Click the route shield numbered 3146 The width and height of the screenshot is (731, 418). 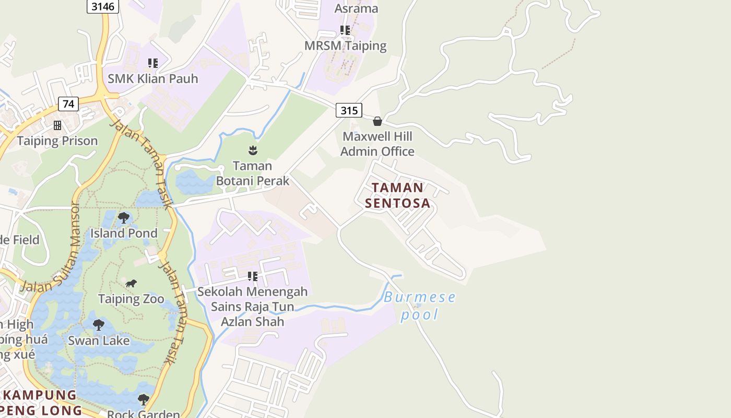pyautogui.click(x=103, y=6)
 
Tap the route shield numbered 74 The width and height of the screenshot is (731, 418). pyautogui.click(x=68, y=103)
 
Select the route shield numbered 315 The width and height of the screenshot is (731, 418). pyautogui.click(x=349, y=110)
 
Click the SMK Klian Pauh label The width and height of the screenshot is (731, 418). pyautogui.click(x=153, y=78)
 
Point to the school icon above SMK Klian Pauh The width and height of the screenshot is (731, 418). pyautogui.click(x=152, y=63)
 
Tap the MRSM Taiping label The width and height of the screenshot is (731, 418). pyautogui.click(x=346, y=45)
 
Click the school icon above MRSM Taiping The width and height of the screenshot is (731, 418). pyautogui.click(x=345, y=30)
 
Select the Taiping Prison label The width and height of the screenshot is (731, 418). pyautogui.click(x=57, y=141)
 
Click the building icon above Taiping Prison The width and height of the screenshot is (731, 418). pyautogui.click(x=57, y=125)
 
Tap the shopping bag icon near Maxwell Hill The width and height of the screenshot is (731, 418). pyautogui.click(x=378, y=121)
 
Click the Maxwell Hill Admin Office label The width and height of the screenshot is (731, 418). pyautogui.click(x=378, y=144)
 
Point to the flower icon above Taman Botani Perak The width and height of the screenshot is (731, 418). pyautogui.click(x=253, y=150)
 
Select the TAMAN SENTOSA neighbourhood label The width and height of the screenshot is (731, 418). pyautogui.click(x=398, y=195)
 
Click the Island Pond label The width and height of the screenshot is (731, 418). pyautogui.click(x=124, y=233)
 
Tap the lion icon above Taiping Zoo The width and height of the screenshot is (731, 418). pyautogui.click(x=131, y=284)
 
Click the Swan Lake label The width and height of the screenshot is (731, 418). pyautogui.click(x=99, y=340)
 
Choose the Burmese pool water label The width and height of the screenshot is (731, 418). pyautogui.click(x=419, y=306)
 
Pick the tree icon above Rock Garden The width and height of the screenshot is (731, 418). pyautogui.click(x=143, y=400)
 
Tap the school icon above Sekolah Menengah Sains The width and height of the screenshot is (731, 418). pyautogui.click(x=253, y=276)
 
